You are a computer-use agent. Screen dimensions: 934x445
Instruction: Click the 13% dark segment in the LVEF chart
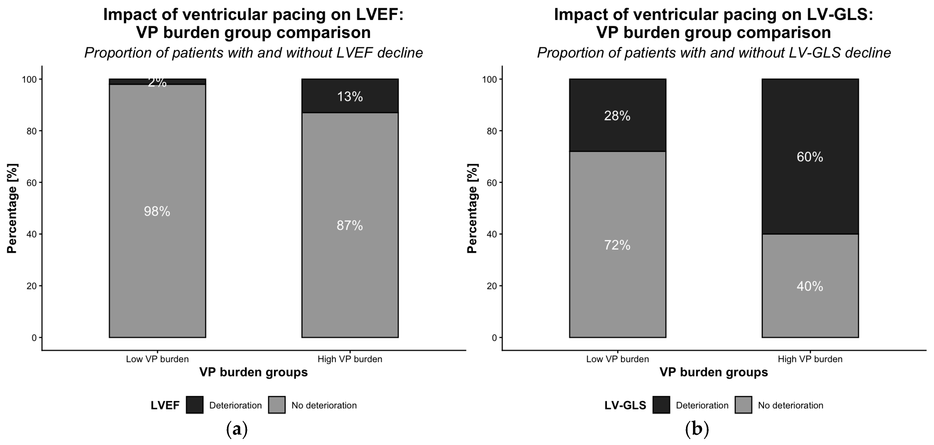(x=350, y=96)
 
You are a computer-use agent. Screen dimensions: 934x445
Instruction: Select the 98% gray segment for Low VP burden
(x=157, y=211)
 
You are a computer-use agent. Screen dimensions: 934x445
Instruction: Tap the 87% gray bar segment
(x=350, y=225)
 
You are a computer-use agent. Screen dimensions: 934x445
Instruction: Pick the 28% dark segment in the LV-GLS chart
(x=618, y=115)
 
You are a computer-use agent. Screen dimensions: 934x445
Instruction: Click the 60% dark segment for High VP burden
(x=810, y=157)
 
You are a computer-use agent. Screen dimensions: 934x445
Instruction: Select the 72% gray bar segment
(x=618, y=245)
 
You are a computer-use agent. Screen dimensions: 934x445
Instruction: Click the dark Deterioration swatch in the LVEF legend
(x=195, y=405)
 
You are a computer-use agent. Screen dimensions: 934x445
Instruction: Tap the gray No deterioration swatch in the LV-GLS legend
(x=743, y=405)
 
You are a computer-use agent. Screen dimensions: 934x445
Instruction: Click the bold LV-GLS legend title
(x=625, y=405)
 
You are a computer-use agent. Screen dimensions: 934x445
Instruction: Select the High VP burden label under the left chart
(x=350, y=359)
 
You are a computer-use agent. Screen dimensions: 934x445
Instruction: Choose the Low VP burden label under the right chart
(x=618, y=359)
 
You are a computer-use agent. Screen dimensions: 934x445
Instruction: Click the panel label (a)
(x=237, y=429)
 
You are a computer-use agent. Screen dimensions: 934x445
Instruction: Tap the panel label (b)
(x=697, y=429)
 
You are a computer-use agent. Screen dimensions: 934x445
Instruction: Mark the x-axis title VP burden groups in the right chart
(x=714, y=372)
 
